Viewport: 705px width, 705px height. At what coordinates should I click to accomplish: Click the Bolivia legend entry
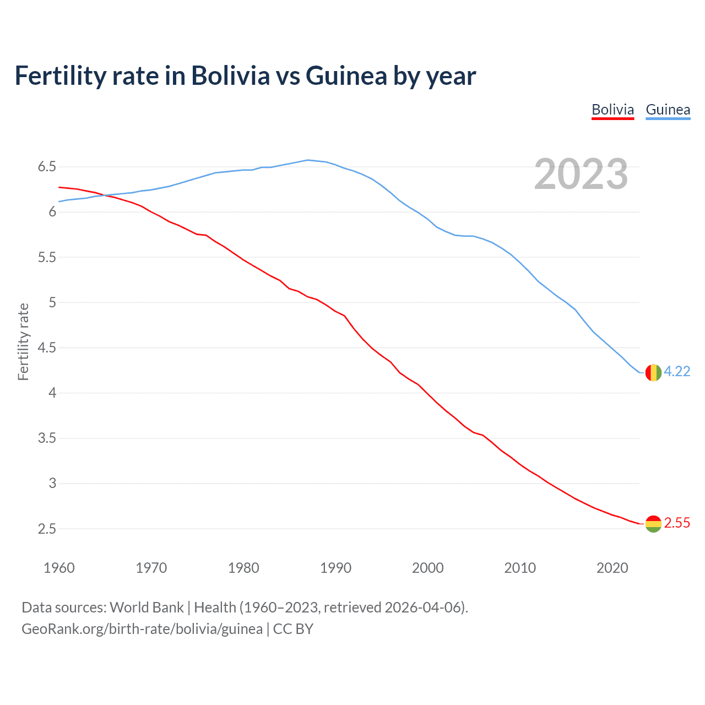612,110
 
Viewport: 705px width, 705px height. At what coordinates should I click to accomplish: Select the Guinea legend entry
668,110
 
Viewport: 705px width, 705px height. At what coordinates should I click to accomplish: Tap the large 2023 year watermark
581,174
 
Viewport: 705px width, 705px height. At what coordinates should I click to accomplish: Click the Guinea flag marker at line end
653,372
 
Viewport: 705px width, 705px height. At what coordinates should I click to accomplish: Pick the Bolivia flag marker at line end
653,523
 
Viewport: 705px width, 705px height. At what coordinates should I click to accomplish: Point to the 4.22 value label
677,372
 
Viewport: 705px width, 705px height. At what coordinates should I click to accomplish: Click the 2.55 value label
677,523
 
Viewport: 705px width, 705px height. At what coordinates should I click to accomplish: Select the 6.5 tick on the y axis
47,166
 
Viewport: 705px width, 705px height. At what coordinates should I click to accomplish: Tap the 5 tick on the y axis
53,302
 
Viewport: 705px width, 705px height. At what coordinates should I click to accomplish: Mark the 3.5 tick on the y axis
47,438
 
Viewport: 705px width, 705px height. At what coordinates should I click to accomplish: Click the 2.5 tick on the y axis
47,529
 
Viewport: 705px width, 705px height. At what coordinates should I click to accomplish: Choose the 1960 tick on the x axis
59,568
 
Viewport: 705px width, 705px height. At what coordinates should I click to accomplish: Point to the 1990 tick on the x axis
335,568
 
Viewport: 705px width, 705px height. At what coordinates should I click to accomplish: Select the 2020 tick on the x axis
612,568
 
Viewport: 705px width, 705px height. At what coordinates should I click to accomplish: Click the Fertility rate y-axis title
23,341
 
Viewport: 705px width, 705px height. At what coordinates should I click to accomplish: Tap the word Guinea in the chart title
346,76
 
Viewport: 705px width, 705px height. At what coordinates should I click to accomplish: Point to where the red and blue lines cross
105,195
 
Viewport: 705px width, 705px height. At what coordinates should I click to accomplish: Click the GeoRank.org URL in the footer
142,629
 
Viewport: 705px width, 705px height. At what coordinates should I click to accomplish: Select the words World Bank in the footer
147,608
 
